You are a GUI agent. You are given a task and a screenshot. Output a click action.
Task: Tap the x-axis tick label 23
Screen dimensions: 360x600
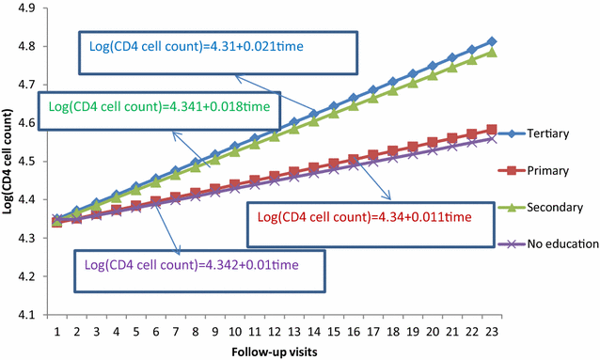[x=493, y=330]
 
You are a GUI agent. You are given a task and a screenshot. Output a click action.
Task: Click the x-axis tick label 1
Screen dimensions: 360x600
[x=56, y=330]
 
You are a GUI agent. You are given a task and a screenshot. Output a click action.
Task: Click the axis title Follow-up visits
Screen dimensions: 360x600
[x=274, y=351]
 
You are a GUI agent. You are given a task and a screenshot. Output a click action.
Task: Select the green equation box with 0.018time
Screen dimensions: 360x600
[x=159, y=107]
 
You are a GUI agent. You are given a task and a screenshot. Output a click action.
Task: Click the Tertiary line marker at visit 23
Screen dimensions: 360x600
[x=492, y=42]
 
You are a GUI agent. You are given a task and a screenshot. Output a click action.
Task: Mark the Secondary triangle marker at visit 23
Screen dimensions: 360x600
[x=492, y=53]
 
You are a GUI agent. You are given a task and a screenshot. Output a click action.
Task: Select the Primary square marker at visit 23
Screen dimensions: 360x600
[x=492, y=130]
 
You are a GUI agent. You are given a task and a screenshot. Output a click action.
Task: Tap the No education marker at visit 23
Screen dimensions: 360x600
[x=492, y=138]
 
